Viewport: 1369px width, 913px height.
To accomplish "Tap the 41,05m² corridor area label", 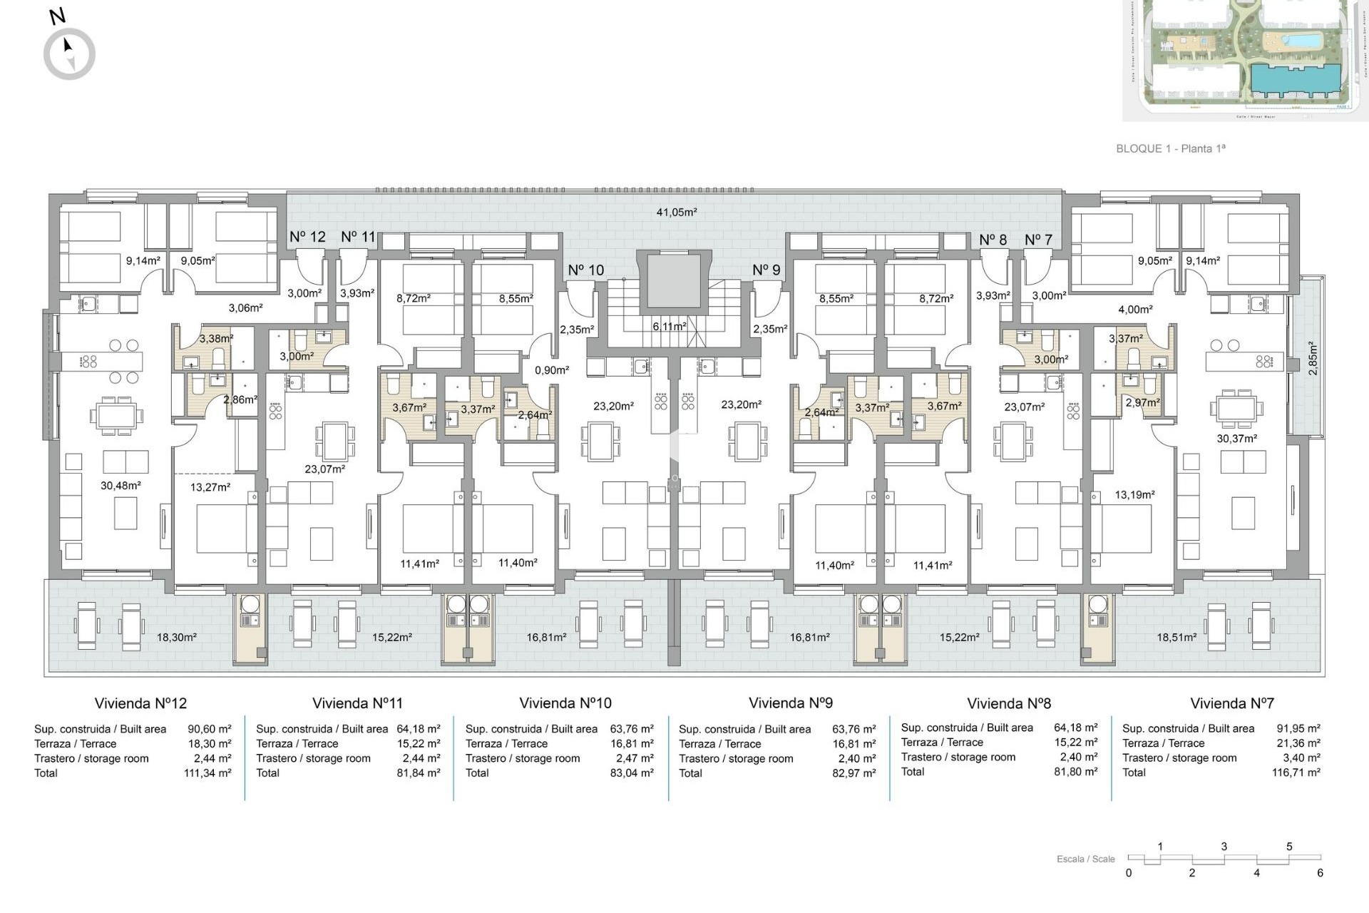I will (676, 212).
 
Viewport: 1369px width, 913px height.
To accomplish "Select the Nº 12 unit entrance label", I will (307, 237).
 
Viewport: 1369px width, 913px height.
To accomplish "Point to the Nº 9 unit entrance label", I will (766, 270).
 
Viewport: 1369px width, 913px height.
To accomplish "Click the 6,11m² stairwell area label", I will (669, 326).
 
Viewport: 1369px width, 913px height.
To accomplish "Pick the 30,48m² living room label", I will (121, 486).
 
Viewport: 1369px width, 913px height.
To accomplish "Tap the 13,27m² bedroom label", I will (210, 487).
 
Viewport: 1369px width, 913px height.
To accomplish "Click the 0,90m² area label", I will (552, 370).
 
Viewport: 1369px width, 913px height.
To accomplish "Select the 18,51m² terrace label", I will (1176, 638).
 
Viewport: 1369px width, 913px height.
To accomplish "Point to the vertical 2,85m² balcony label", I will (1313, 359).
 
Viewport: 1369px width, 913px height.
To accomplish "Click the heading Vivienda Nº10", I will (565, 703).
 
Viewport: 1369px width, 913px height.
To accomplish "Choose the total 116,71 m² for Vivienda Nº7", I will (1296, 772).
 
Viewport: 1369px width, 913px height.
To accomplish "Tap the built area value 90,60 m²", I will (210, 729).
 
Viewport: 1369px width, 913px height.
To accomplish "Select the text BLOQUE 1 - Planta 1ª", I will (1170, 148).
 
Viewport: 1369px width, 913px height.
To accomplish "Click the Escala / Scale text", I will (1085, 859).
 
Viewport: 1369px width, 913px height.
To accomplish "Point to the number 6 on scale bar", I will (1320, 873).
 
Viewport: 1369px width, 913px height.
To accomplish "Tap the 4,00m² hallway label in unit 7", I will (1135, 310).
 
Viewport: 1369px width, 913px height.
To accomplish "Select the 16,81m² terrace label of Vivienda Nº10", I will (546, 638).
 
